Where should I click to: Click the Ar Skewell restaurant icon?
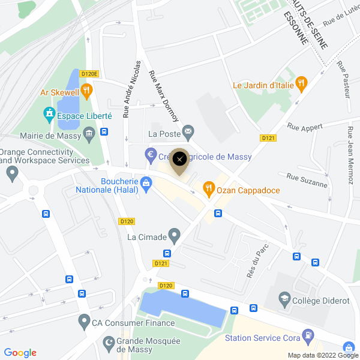[x=87, y=92]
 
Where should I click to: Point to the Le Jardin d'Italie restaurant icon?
[x=302, y=85]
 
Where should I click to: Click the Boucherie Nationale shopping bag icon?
[x=145, y=182]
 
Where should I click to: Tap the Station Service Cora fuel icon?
[x=308, y=335]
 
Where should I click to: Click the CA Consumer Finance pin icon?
[x=83, y=322]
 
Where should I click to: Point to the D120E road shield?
[x=89, y=74]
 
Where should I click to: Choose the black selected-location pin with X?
[x=179, y=160]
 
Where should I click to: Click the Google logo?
[x=20, y=353]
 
